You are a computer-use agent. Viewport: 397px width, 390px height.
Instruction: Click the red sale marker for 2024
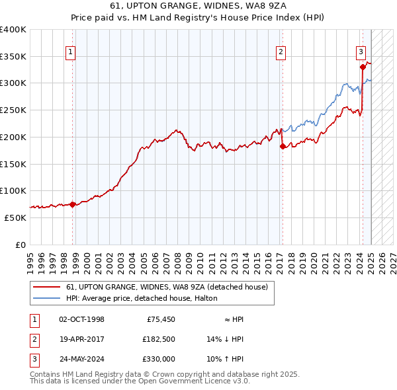click(363, 66)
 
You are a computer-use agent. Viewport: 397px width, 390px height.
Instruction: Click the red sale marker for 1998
click(72, 204)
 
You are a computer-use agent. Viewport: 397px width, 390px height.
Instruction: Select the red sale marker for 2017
click(283, 146)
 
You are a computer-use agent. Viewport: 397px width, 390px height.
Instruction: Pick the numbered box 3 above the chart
click(361, 53)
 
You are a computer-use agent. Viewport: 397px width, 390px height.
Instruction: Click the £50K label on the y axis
click(15, 217)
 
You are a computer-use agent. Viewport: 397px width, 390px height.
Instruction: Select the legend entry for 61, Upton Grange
click(166, 288)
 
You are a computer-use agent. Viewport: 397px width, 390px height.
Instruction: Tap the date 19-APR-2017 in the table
click(81, 339)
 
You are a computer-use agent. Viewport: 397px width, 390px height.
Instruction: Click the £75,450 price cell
click(160, 319)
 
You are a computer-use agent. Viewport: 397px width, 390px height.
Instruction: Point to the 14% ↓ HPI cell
click(225, 339)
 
